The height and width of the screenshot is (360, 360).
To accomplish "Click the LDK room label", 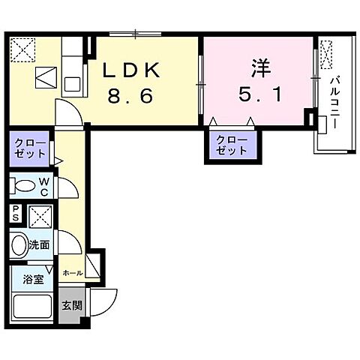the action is coord(131,70).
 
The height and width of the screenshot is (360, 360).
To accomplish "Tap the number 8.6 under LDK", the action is coord(130,96).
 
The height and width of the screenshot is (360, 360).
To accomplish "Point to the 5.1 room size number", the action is coord(260,94).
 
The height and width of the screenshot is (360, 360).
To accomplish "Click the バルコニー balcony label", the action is coord(335,103).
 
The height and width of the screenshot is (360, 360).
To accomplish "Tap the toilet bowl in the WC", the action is coord(25,186).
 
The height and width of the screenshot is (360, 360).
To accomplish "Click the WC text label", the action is coord(44,187).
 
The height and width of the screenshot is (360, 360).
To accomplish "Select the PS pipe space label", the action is coord(16,213).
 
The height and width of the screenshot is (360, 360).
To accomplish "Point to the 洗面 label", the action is coord(39,245).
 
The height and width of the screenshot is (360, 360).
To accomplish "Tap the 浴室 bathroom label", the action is coord(33,279).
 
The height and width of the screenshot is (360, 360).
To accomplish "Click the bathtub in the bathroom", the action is coord(32,307).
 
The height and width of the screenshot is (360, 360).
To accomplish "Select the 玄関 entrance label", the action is coord(72,305).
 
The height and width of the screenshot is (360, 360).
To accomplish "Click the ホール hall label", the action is coord(73,273).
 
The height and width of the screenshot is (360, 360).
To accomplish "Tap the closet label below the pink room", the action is coord(232,145).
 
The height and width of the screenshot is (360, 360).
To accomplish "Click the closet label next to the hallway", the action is coord(30,148).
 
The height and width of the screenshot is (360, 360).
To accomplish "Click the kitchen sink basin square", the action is coord(73,84).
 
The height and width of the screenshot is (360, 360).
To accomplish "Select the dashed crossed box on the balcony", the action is coord(326,55).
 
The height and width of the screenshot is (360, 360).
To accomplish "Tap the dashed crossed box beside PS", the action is coord(40,216).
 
